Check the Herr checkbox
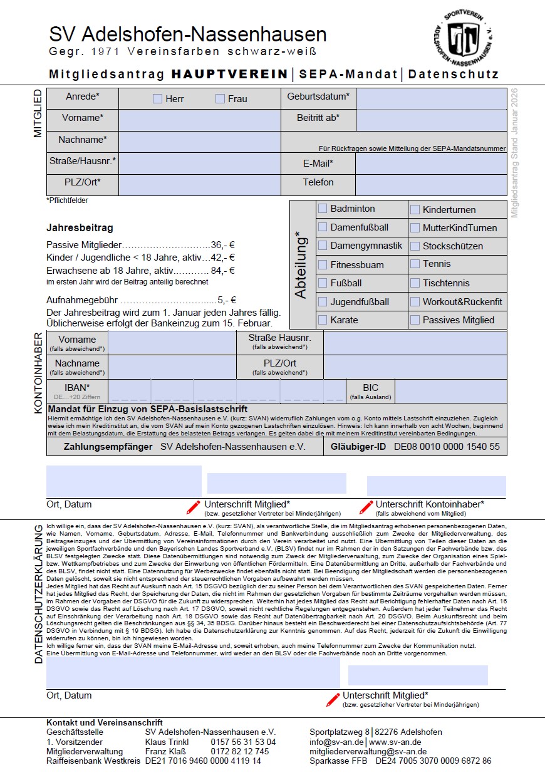[157, 98]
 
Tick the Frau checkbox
[220, 98]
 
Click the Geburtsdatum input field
[431, 98]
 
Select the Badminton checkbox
[323, 209]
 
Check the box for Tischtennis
[415, 283]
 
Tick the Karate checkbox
[323, 320]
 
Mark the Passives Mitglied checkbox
[415, 320]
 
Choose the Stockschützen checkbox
[415, 246]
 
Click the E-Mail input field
[431, 164]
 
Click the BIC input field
[450, 391]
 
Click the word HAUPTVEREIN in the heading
[229, 74]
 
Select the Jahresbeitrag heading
[80, 228]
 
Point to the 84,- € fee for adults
[222, 271]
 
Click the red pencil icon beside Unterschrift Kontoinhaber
[366, 507]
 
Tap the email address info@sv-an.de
[334, 742]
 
